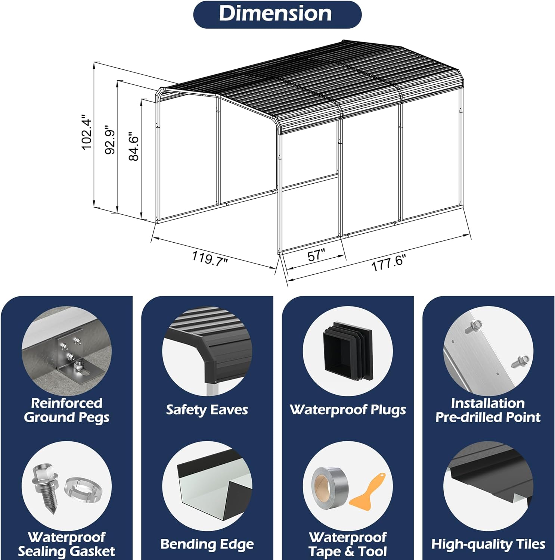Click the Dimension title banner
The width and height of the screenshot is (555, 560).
[277, 14]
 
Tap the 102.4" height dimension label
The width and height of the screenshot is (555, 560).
[87, 133]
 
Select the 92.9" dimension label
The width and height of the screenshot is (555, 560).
[111, 140]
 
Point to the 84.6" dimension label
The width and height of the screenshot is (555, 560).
[134, 146]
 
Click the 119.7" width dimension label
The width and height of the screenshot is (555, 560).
[210, 258]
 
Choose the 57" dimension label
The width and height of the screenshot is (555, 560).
[316, 255]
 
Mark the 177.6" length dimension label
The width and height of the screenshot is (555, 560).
[388, 262]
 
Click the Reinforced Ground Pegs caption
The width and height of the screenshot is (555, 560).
[67, 410]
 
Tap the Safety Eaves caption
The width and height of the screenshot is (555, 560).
[207, 410]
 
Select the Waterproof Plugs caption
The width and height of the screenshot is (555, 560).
[348, 410]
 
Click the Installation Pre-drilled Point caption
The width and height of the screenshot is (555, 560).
[488, 410]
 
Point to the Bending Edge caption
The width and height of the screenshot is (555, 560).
[207, 544]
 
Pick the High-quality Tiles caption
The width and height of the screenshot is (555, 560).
[488, 544]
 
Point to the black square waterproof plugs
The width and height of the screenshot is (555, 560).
[348, 351]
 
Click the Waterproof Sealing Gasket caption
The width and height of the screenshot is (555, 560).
[66, 544]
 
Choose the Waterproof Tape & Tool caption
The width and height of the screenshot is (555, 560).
[348, 544]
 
